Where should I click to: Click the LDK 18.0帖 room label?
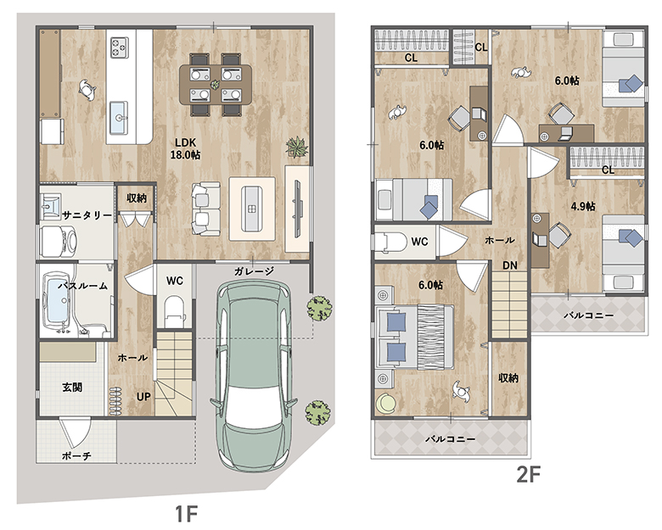pos(185,148)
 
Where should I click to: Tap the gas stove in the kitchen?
pos(120,47)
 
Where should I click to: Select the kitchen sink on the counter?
pos(119,118)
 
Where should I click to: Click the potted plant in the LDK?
pos(297,148)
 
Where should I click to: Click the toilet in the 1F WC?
pos(174,311)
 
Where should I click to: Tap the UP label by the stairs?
pos(143,397)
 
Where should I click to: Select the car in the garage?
pos(253,375)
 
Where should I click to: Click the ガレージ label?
pos(254,271)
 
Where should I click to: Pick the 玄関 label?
pos(72,387)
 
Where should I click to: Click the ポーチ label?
pos(76,455)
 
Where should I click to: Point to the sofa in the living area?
pos(206,209)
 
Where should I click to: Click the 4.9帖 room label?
pos(583,206)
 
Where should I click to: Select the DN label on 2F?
pos(510,265)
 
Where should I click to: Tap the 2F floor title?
pos(529,475)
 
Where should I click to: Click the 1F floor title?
pos(186,514)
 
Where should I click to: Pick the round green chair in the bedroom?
pos(385,403)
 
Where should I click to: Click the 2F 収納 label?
pos(508,378)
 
